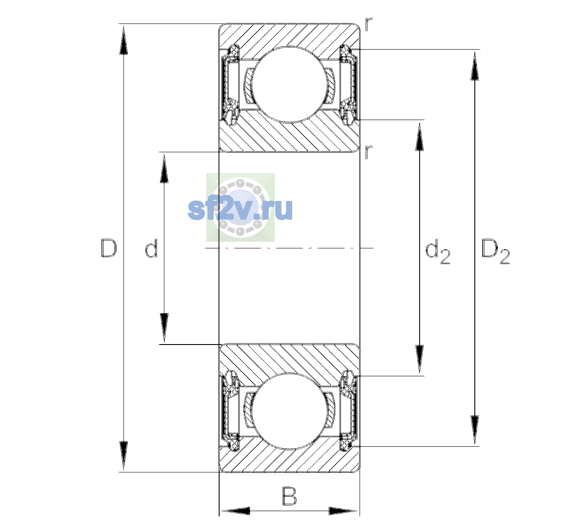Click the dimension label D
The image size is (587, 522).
point(109,248)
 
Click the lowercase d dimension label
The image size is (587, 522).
point(151,248)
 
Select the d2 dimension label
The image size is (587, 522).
point(437,251)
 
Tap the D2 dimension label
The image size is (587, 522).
point(495,251)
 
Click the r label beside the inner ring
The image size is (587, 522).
point(369,152)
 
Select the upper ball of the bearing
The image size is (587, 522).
point(290,84)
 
